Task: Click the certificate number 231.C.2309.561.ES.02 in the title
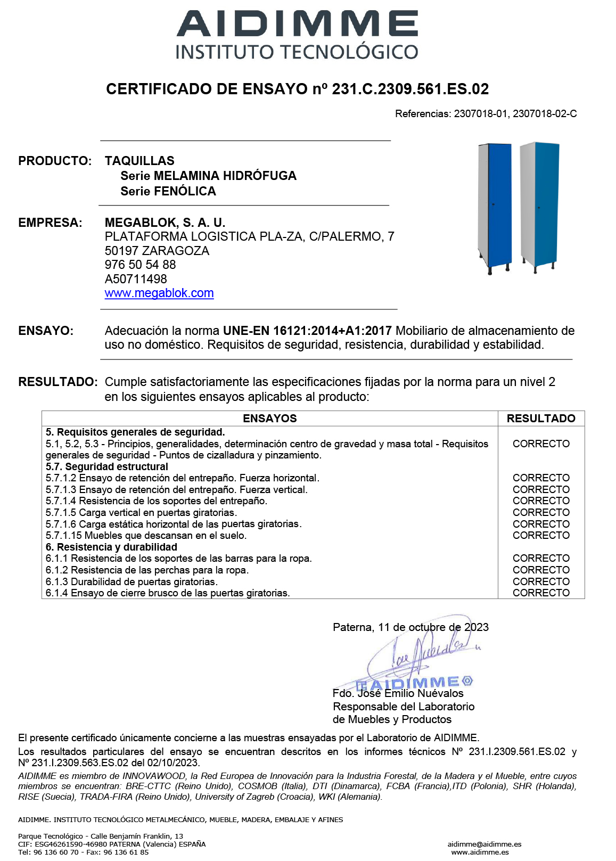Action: point(410,89)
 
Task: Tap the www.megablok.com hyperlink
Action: point(159,293)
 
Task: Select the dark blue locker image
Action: point(495,208)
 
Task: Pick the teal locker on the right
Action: point(540,205)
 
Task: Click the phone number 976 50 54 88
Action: point(140,265)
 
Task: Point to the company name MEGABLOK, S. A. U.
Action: point(165,223)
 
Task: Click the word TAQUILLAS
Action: point(139,161)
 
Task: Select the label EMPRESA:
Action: point(50,223)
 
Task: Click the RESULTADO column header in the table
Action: point(541,419)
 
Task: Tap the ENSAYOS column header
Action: point(269,419)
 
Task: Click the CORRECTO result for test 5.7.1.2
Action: point(541,478)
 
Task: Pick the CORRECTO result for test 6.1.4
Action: point(541,593)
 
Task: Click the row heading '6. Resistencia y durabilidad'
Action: point(111,547)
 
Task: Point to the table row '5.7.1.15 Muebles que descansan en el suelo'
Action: point(146,536)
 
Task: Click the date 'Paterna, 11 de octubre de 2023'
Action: point(410,627)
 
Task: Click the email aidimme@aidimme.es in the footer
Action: point(484,844)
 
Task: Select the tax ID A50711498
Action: point(136,279)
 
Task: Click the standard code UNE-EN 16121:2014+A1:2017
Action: point(307,331)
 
